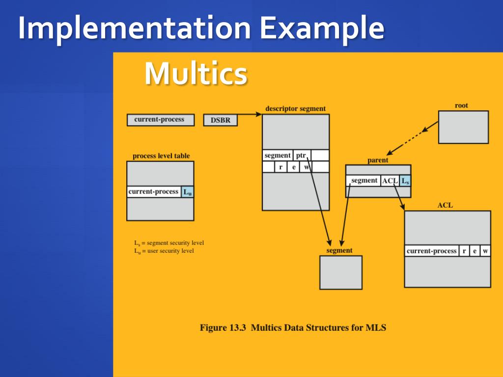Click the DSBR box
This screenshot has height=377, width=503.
click(x=220, y=120)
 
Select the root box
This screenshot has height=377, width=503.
click(x=463, y=127)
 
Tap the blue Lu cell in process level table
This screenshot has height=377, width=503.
click(x=188, y=192)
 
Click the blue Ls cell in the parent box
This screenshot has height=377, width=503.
click(x=405, y=181)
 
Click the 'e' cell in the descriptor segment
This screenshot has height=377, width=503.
click(x=293, y=167)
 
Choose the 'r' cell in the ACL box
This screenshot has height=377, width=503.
click(x=464, y=251)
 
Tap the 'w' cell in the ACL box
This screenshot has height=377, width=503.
click(x=485, y=251)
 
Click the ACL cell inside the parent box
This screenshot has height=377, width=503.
click(x=390, y=181)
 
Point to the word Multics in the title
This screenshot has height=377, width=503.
click(x=196, y=74)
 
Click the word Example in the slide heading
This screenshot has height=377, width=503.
click(x=322, y=28)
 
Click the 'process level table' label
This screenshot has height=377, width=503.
click(x=161, y=156)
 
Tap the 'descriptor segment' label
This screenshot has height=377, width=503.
click(x=295, y=108)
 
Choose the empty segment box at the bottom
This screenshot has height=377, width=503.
click(x=340, y=272)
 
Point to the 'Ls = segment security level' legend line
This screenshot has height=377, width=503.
click(x=169, y=243)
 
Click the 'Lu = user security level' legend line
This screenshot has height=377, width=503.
click(x=164, y=251)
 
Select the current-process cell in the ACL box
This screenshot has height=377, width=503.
click(x=432, y=251)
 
